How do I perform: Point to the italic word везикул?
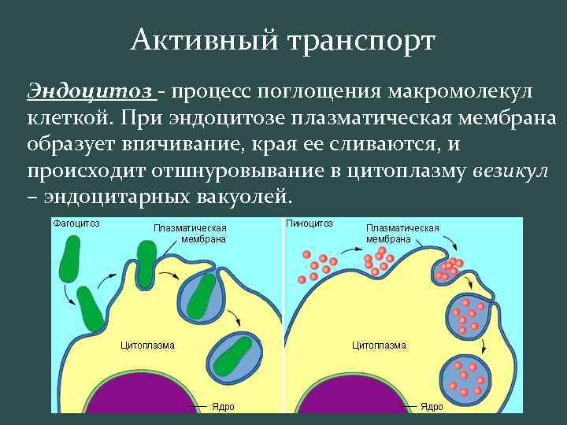click(x=510, y=171)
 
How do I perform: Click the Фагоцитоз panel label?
click(x=76, y=223)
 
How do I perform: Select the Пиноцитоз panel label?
click(x=309, y=223)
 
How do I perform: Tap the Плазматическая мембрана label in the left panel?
click(x=190, y=233)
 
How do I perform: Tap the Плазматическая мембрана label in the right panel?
click(x=402, y=233)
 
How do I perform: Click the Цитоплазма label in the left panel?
click(x=147, y=345)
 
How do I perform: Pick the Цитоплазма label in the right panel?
click(x=379, y=345)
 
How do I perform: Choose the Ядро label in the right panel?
click(x=432, y=406)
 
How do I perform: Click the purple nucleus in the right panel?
click(x=346, y=394)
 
